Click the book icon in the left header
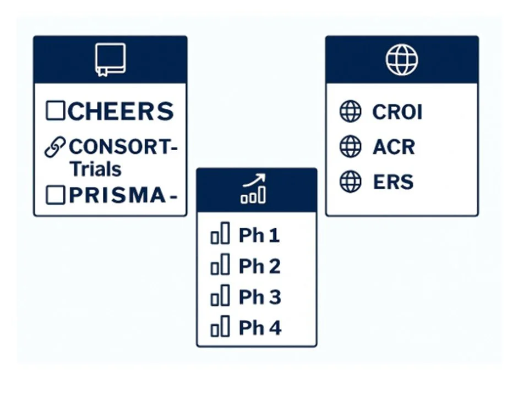(110, 59)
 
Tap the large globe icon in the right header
(401, 59)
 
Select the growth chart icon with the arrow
(254, 189)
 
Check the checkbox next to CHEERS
(55, 111)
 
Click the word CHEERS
(121, 112)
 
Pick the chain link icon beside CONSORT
(55, 147)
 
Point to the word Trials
(95, 169)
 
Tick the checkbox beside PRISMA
(55, 196)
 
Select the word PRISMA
(117, 196)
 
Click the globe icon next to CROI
(351, 112)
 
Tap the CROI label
(397, 112)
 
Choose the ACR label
(394, 147)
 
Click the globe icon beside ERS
(351, 182)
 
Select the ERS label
(393, 182)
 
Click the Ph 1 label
(259, 236)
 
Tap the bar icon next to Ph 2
(220, 267)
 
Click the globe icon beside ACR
(351, 147)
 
